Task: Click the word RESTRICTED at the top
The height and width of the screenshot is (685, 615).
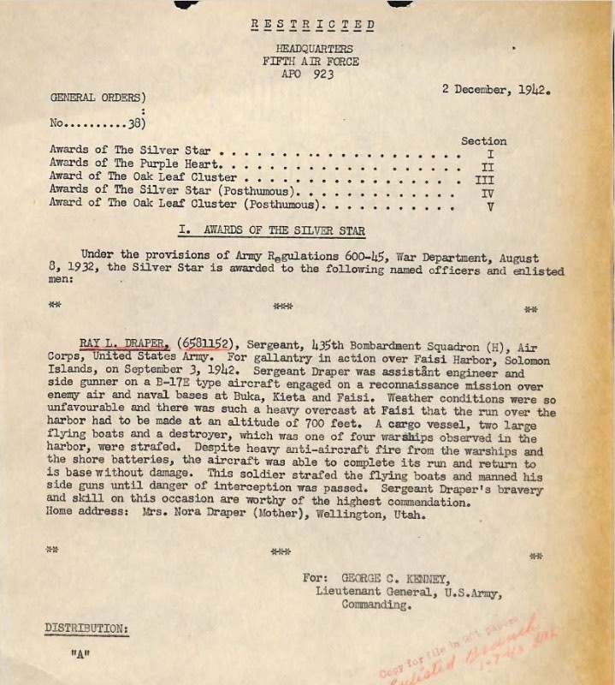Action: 314,25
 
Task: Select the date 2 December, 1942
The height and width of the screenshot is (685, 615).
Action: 495,88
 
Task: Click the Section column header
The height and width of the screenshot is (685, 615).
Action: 483,140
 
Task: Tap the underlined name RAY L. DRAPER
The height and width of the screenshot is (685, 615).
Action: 125,343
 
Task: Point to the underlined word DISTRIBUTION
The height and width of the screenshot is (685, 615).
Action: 86,628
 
